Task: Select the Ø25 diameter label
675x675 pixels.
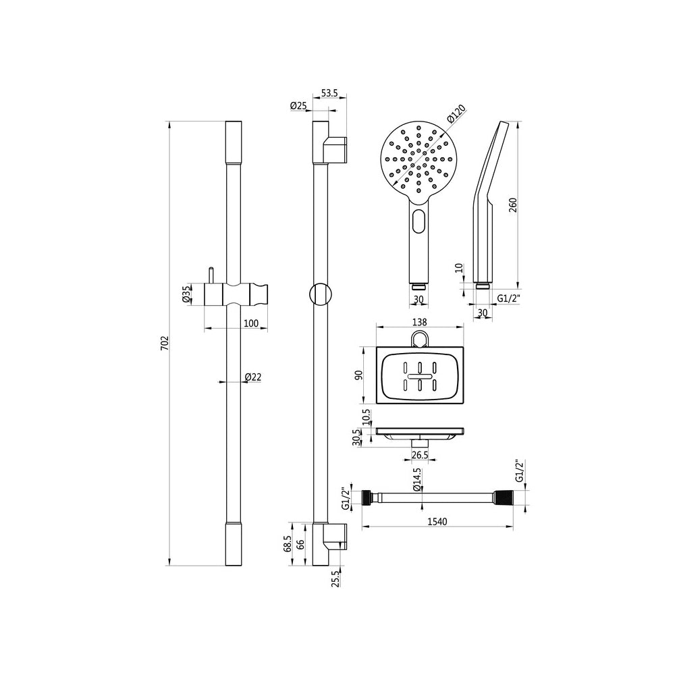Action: (x=298, y=105)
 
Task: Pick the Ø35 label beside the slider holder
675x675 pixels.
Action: (x=185, y=296)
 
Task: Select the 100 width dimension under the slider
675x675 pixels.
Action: (x=250, y=323)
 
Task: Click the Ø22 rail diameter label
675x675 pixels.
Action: (x=253, y=377)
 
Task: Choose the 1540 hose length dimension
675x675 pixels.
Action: (x=439, y=522)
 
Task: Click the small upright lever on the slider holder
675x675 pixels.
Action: (x=211, y=275)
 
